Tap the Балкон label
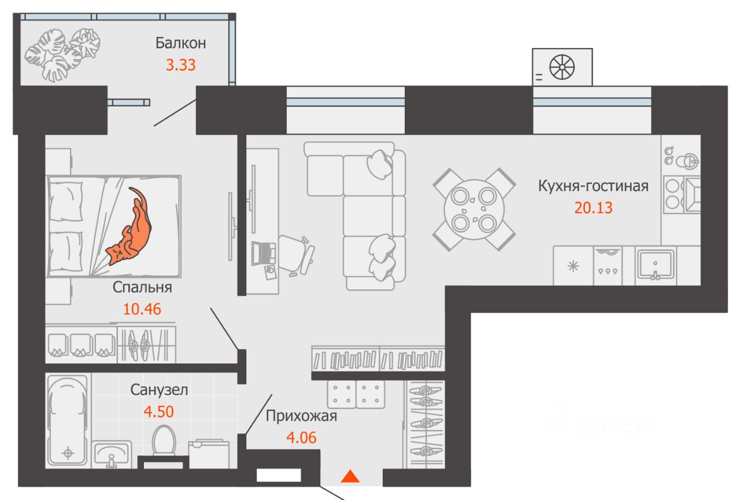180,43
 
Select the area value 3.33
180,64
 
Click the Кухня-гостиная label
593,186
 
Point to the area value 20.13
593,207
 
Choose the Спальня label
142,287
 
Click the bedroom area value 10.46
142,308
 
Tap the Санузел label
158,390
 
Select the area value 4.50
158,411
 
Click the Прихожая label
301,416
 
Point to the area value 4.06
301,437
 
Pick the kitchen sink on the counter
656,265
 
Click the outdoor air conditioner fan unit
563,67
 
